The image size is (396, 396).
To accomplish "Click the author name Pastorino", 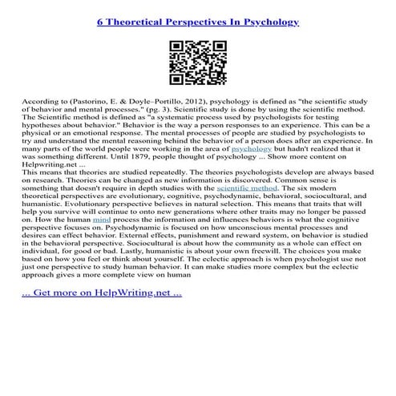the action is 94,104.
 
